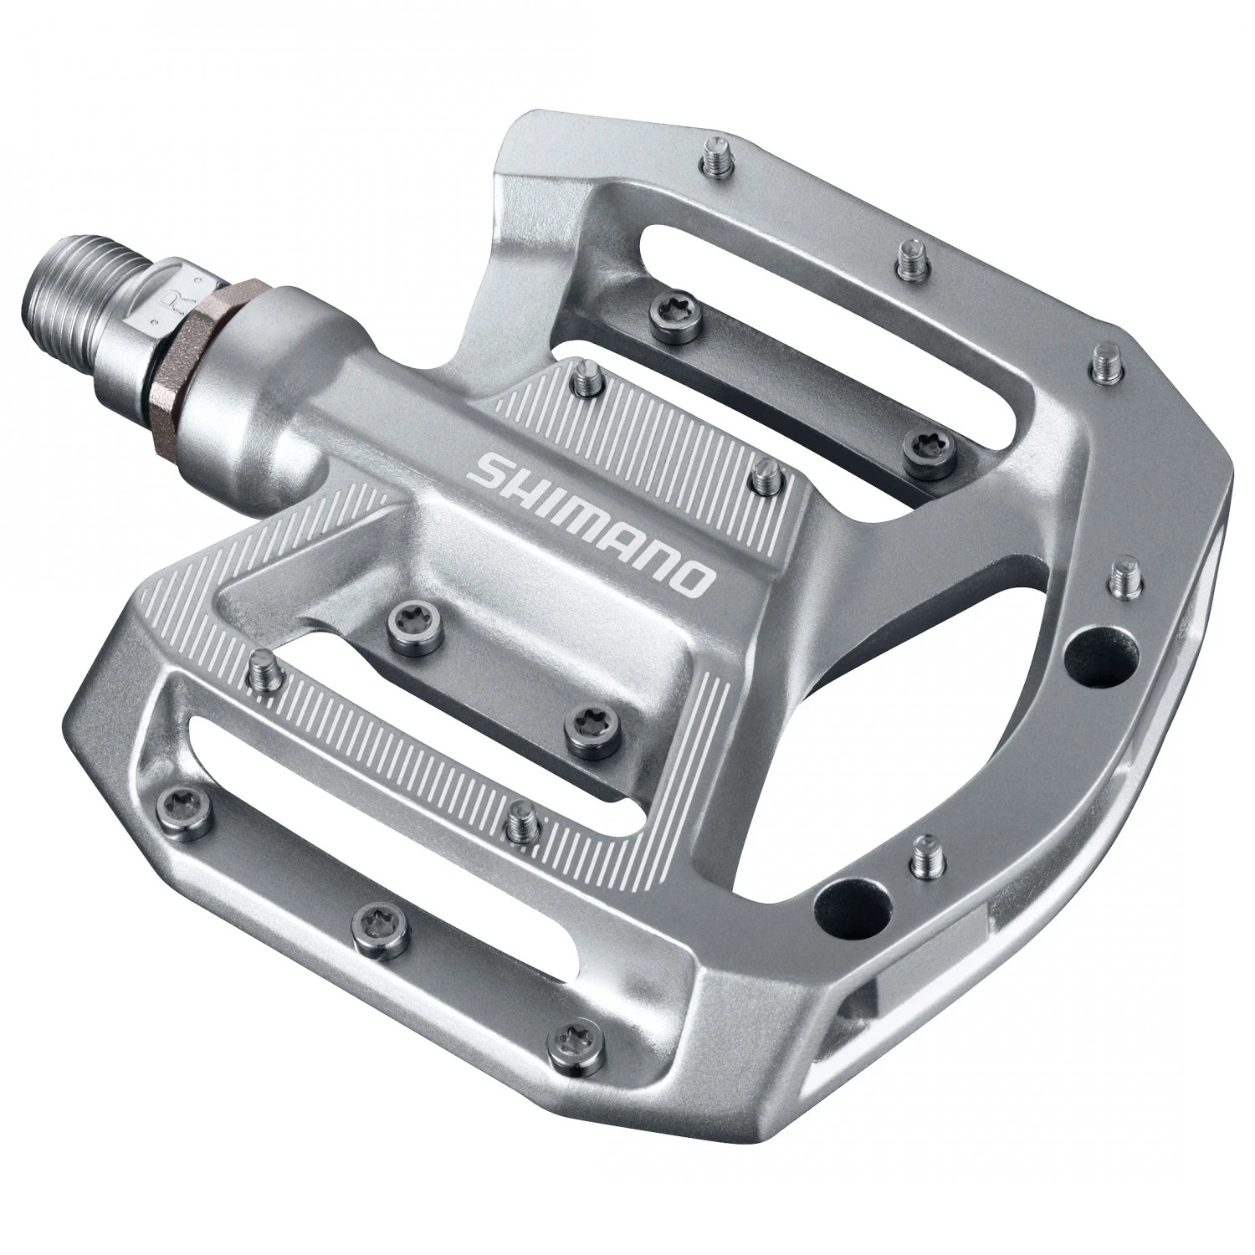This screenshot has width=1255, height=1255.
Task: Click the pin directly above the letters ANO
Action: (x=762, y=476)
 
